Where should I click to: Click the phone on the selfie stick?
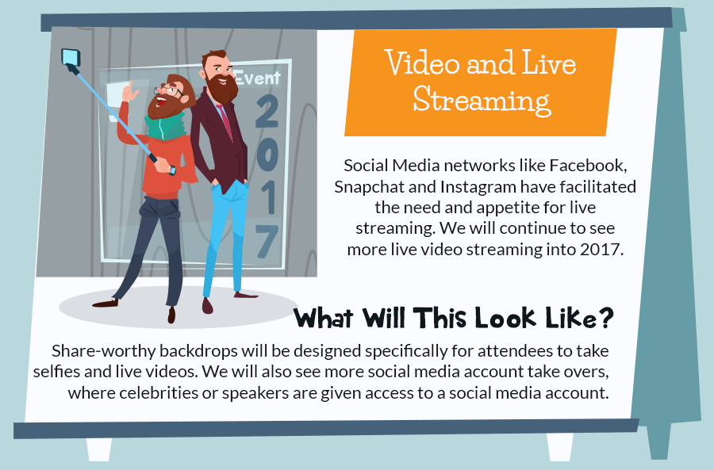[x=71, y=57]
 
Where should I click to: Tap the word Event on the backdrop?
[x=257, y=78]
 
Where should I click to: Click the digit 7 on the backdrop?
[x=267, y=242]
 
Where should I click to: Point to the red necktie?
[x=225, y=121]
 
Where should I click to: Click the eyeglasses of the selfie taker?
[x=168, y=90]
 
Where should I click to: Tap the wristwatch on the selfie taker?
[x=172, y=170]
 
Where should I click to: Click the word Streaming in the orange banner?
[x=482, y=100]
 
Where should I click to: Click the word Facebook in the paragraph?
[x=588, y=165]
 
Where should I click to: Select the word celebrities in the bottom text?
[x=159, y=392]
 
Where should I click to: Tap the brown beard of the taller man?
[x=222, y=88]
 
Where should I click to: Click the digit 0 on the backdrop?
[x=267, y=155]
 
